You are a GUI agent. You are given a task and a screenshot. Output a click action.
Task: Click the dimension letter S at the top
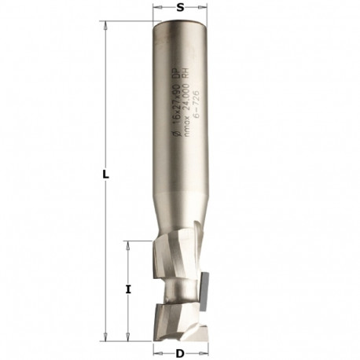(x=181, y=8)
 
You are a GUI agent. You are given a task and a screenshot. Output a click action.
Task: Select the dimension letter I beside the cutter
(x=127, y=289)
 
